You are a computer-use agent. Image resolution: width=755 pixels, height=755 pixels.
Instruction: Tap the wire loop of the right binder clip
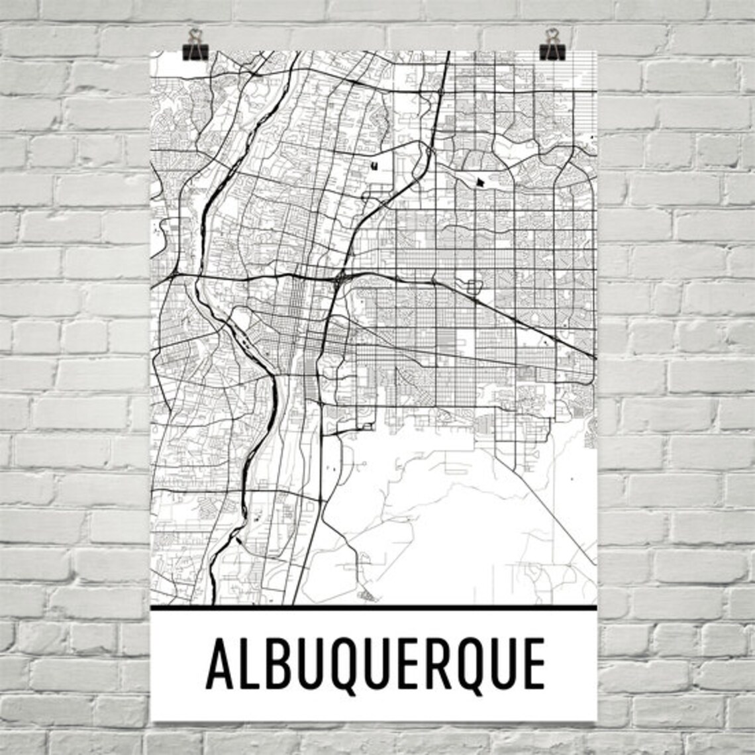pyautogui.click(x=551, y=34)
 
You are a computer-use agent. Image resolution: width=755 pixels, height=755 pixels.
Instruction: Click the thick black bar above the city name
pyautogui.click(x=374, y=607)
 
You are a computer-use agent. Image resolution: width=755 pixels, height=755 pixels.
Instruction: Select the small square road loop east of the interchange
pyautogui.click(x=473, y=286)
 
